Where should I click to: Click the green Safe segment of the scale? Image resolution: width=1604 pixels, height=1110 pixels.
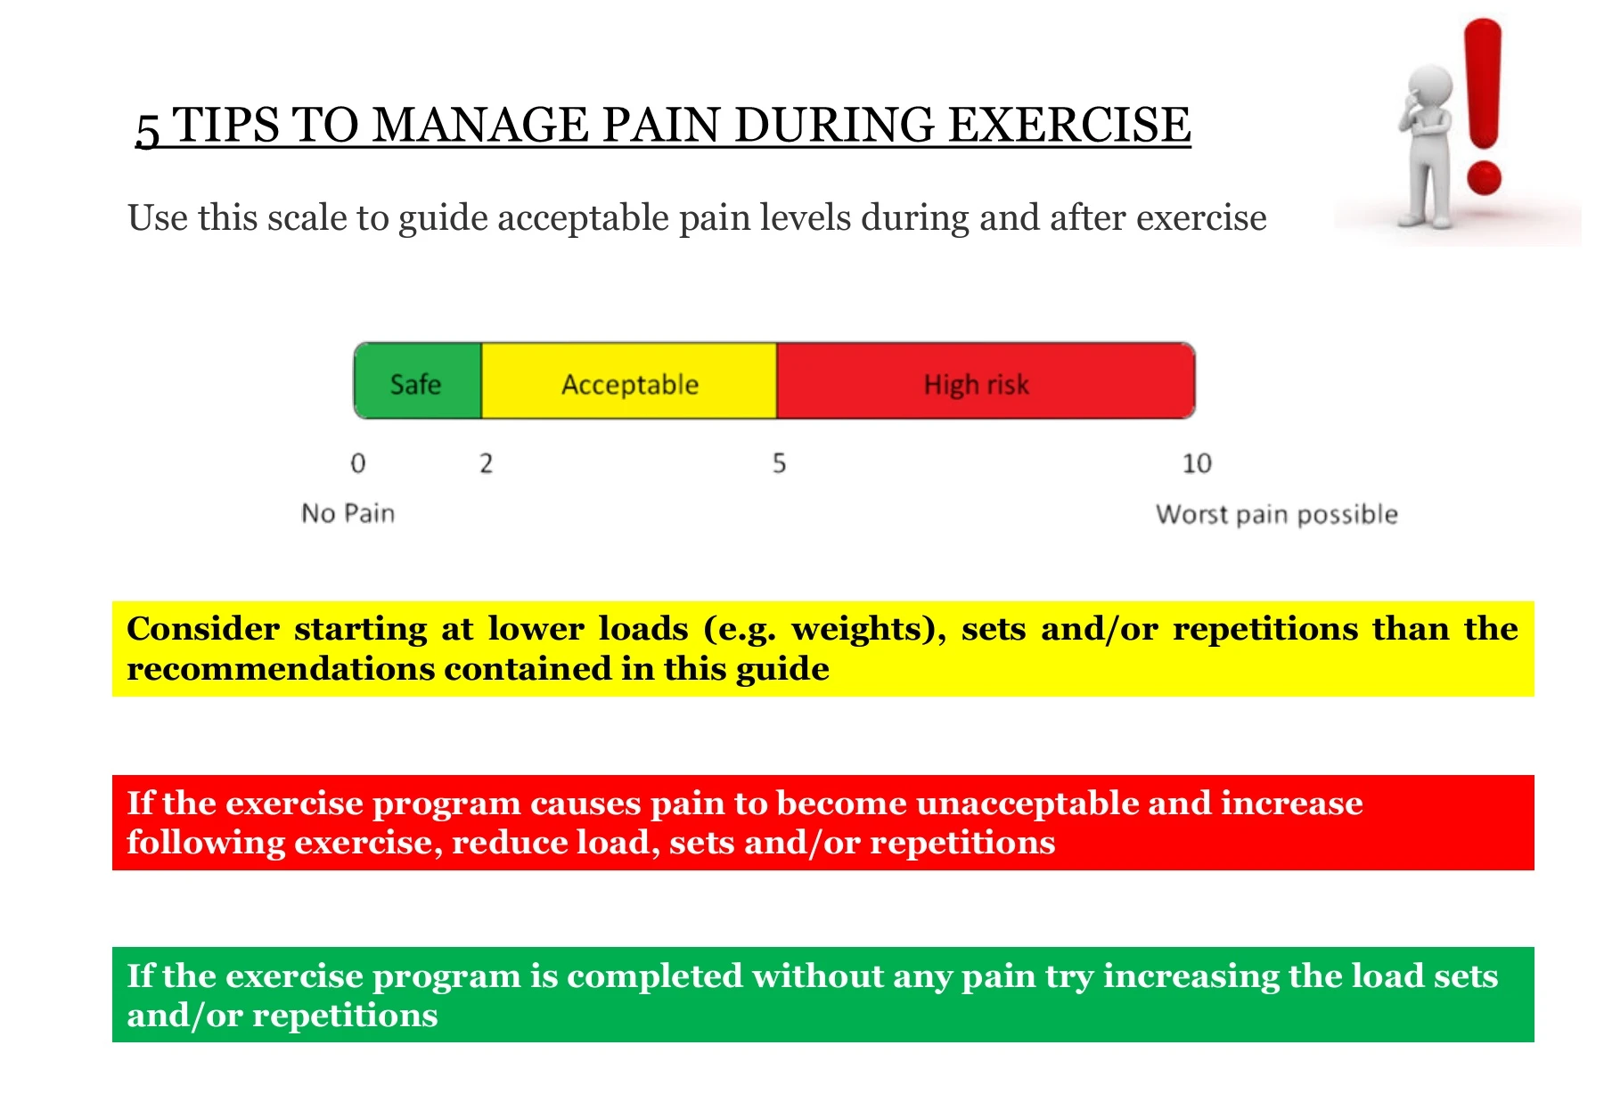(418, 380)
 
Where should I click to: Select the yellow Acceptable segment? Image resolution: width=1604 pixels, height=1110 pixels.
(629, 380)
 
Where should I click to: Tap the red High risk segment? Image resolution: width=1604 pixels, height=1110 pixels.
(986, 380)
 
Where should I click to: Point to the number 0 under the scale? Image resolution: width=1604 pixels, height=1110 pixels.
(358, 463)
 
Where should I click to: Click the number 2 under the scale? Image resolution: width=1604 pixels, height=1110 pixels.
(486, 463)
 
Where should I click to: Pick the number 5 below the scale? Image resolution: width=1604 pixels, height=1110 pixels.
(779, 463)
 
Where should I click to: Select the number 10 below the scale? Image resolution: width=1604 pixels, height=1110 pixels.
(1197, 463)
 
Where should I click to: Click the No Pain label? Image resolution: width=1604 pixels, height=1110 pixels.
(348, 513)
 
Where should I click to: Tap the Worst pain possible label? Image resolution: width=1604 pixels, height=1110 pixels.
(1276, 514)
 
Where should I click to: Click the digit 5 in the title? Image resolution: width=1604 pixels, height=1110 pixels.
(148, 129)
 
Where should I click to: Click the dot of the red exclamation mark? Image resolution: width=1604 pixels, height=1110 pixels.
(1484, 176)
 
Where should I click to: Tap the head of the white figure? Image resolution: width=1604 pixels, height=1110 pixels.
(1429, 86)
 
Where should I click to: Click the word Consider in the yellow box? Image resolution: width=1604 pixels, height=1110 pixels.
(203, 629)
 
